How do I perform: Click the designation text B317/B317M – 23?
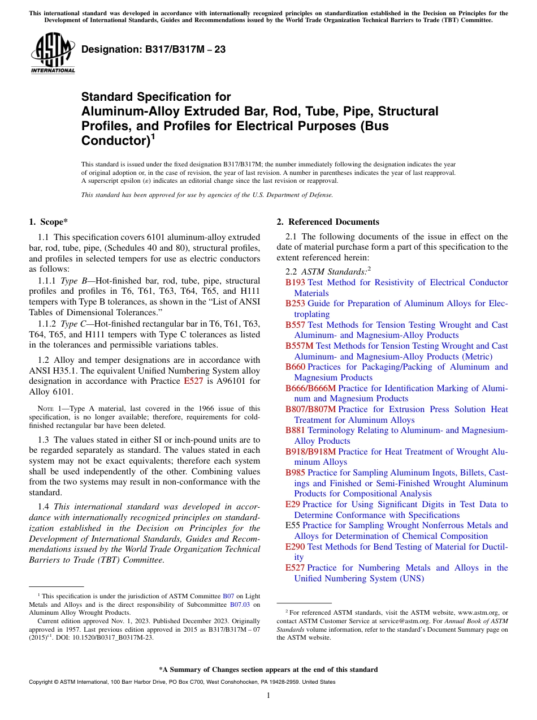tap(153, 50)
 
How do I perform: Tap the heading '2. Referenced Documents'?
tap(328, 222)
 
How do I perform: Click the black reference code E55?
tap(293, 525)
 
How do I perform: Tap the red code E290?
tap(295, 547)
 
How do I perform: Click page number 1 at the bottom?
tap(268, 696)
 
